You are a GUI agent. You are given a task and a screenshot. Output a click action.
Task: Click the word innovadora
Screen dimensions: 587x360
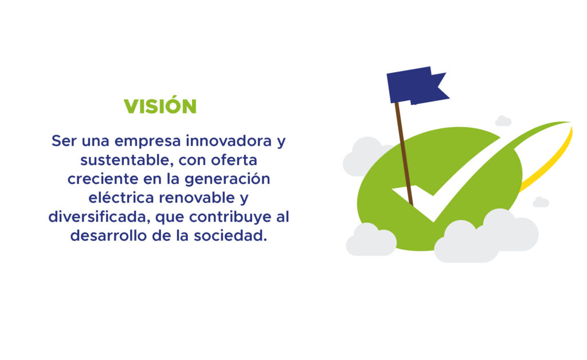tap(229, 140)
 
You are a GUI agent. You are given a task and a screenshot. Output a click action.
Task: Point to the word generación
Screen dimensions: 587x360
tap(227, 179)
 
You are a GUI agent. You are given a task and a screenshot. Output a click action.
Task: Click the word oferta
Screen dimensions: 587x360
tap(234, 160)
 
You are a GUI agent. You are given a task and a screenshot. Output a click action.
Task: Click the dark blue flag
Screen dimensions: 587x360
tap(417, 85)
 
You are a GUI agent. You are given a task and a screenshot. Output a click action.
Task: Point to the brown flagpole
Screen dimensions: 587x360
tap(404, 154)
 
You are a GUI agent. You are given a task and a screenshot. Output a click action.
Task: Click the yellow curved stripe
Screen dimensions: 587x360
tap(550, 161)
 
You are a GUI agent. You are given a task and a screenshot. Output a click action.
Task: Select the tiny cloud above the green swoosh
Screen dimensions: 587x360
tap(503, 121)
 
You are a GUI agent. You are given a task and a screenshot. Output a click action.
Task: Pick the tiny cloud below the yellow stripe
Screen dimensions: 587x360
tap(541, 202)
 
